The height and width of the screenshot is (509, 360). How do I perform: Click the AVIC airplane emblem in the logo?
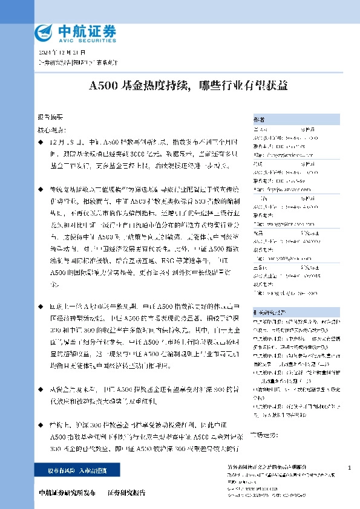pos(45,32)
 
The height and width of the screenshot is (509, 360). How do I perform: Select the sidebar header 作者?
pos(259,120)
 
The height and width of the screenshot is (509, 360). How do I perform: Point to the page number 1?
pos(350,468)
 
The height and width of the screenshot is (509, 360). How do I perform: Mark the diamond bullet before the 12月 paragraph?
pos(41,140)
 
